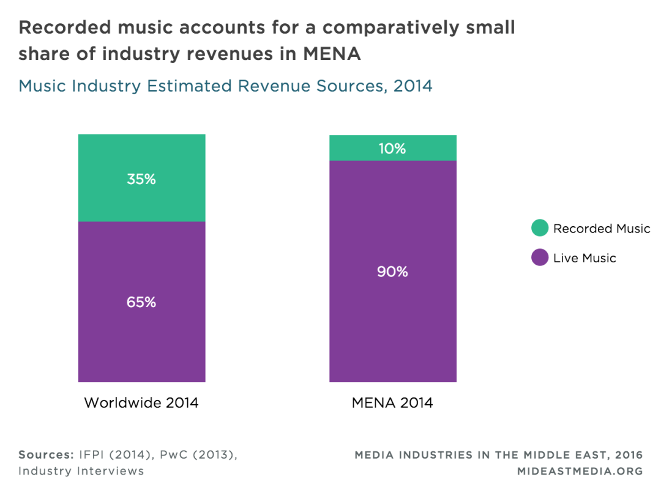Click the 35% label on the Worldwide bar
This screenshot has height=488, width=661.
141,179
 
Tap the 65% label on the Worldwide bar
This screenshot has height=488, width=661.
141,302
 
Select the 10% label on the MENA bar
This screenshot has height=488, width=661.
392,149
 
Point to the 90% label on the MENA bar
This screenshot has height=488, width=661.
392,272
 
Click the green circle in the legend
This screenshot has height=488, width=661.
540,229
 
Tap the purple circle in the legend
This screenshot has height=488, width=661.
540,258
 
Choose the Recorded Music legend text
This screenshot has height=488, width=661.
601,229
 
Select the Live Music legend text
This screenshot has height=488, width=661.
584,258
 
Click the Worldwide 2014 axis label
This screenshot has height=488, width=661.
141,403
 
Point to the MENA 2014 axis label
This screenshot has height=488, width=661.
392,403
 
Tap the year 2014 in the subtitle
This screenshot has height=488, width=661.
413,86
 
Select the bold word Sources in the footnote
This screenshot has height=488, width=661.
45,455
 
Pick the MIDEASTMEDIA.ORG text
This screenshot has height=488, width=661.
580,471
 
